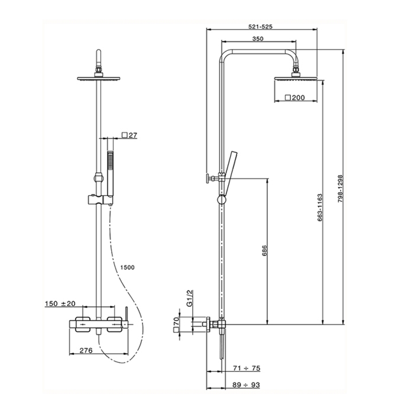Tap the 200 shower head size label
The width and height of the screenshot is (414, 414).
tap(298, 98)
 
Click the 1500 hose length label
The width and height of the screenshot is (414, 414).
tap(127, 267)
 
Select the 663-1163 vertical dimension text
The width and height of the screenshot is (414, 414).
tap(319, 207)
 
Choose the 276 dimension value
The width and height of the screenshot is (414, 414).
tap(87, 351)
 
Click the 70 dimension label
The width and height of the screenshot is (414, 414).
tap(176, 324)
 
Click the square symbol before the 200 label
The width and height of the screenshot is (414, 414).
tap(287, 98)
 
